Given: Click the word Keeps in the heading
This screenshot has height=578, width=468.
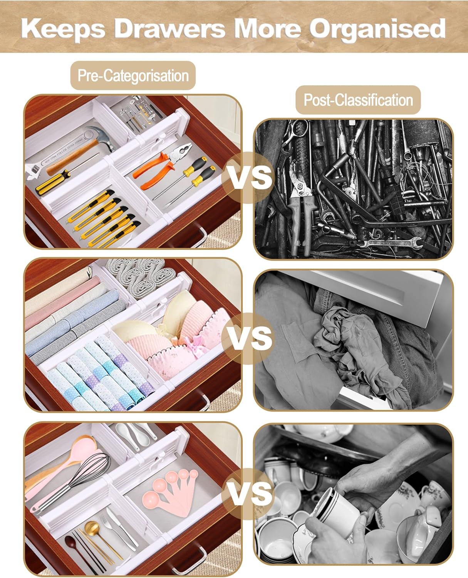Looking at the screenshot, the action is click(63, 29).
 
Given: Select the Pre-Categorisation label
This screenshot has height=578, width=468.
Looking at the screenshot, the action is click(133, 76).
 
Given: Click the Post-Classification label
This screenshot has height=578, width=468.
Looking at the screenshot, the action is click(358, 100).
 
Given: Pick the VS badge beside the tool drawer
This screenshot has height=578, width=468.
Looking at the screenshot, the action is click(248, 178).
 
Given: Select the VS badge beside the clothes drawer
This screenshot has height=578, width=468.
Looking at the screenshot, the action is click(248, 338).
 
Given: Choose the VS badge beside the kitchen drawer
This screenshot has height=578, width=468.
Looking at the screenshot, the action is click(248, 494).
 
